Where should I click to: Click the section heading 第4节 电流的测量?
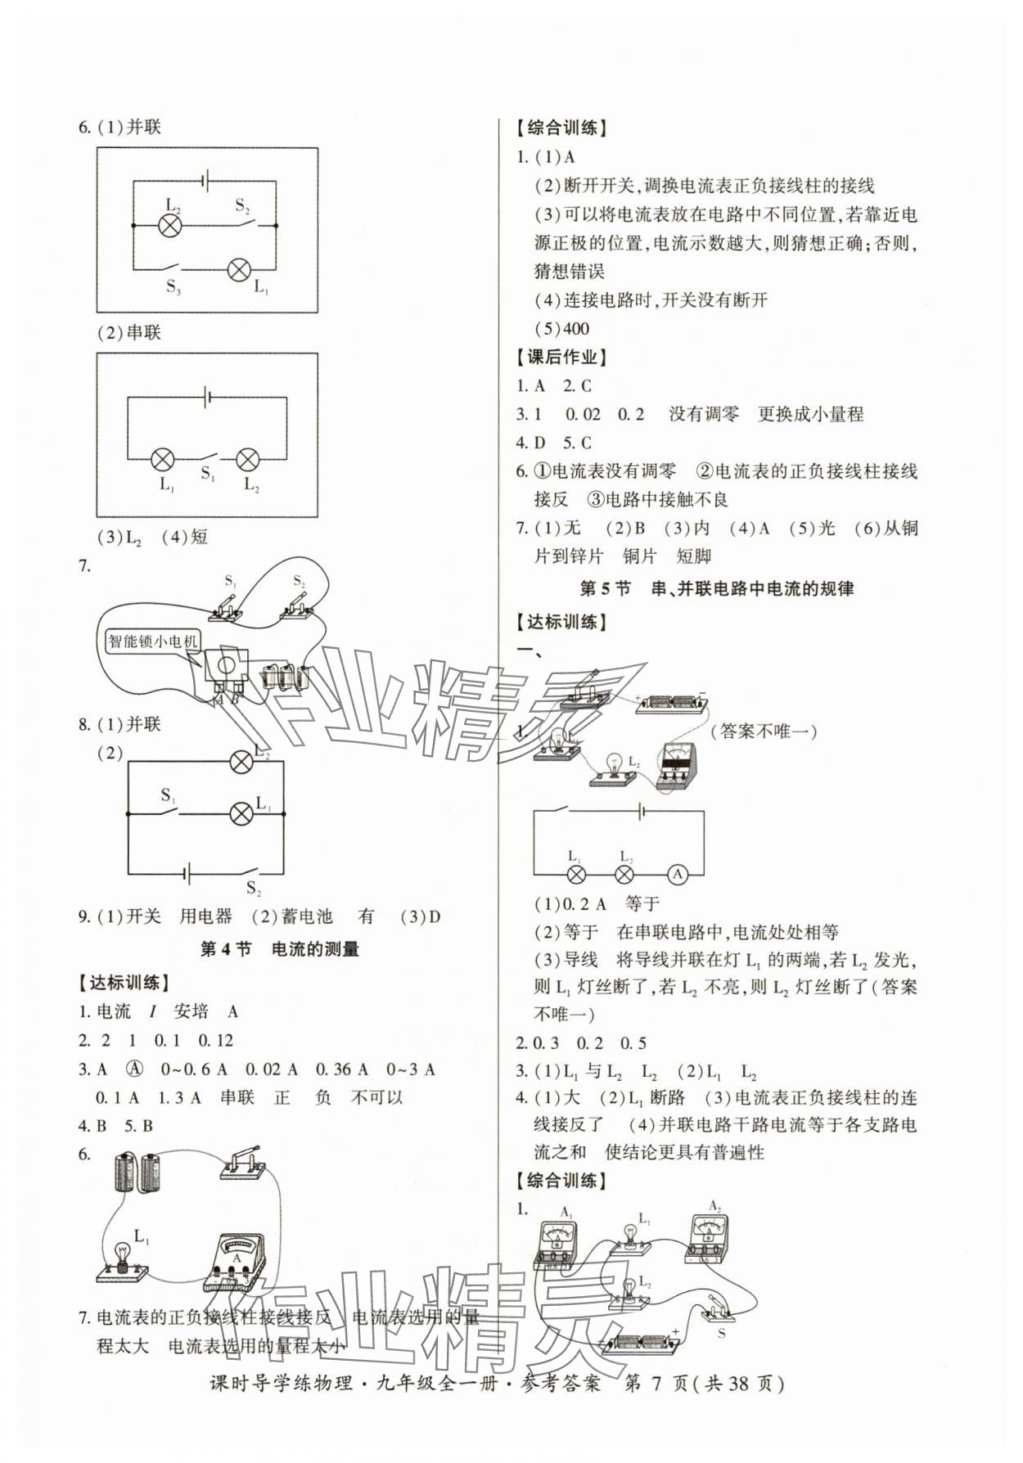pos(279,949)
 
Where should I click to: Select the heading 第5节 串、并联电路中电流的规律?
pos(716,588)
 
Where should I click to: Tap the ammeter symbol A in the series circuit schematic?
pos(677,874)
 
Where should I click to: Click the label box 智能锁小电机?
pos(153,641)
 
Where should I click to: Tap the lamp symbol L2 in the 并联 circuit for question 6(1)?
pos(169,226)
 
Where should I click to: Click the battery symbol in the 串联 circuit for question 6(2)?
pos(208,398)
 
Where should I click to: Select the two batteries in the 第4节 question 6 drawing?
pos(138,1172)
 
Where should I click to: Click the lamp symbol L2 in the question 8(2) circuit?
pos(241,763)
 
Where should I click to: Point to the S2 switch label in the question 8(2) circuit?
pos(254,889)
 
